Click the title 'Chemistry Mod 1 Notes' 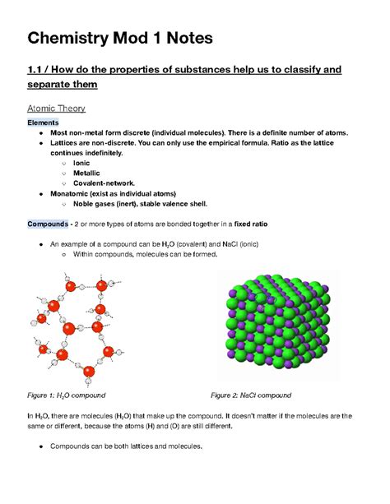tap(120, 38)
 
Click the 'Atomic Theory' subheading tap(63, 109)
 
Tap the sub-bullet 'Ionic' tap(81, 163)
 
